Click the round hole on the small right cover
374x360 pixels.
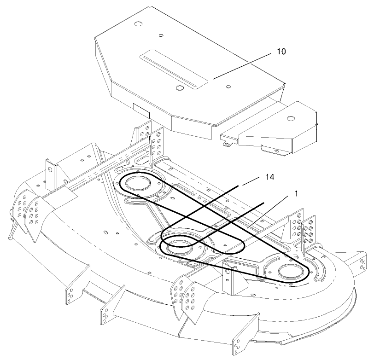click(291, 118)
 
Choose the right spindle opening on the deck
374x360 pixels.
click(287, 272)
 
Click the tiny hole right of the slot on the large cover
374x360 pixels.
click(228, 86)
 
